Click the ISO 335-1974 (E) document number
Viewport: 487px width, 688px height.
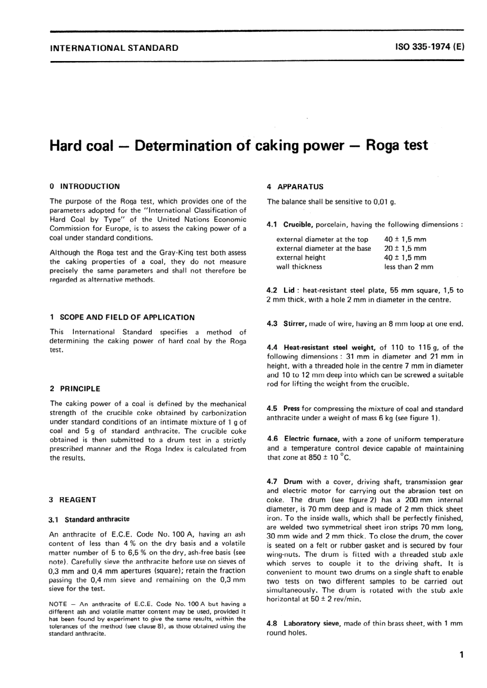430,47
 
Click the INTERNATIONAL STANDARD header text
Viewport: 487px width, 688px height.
114,48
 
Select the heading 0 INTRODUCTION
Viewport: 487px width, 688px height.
85,187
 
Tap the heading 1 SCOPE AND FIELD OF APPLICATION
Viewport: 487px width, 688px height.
122,318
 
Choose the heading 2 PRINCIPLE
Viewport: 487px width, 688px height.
75,389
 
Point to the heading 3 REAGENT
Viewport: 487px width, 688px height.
72,500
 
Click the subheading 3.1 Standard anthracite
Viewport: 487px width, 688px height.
89,519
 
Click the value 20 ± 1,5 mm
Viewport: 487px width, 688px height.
405,248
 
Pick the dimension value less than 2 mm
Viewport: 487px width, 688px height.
409,267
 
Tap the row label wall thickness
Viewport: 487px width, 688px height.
299,267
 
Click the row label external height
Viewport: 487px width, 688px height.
301,258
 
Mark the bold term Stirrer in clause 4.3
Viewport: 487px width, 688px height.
295,324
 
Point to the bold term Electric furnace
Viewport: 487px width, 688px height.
312,439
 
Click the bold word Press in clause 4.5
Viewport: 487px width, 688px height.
291,409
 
